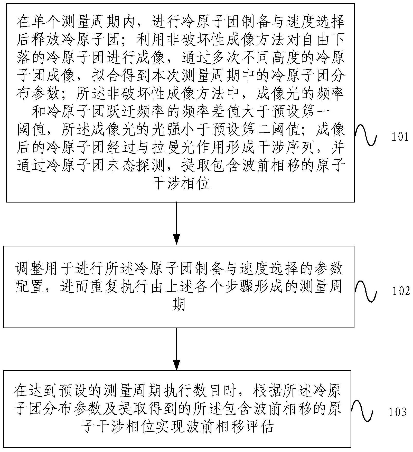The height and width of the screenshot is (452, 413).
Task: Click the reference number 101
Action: point(400,137)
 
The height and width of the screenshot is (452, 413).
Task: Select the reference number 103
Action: point(397,412)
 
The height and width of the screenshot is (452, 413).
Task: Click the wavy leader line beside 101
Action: point(366,135)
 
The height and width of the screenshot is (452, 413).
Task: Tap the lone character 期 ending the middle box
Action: point(178,305)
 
